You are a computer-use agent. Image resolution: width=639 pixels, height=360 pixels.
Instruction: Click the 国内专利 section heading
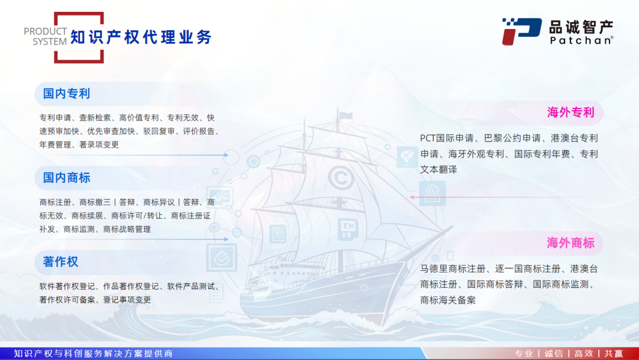(66, 94)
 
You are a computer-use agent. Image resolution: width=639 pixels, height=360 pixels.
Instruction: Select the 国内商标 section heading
(66, 178)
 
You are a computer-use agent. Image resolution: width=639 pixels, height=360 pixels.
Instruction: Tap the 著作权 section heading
(60, 262)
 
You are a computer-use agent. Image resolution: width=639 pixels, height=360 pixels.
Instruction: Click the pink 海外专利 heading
(570, 112)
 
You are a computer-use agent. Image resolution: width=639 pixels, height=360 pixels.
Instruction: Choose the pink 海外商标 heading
(570, 243)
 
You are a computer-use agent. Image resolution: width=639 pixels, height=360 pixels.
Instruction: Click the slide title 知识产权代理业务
(141, 37)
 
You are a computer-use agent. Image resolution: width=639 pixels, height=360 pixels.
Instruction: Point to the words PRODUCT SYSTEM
(45, 36)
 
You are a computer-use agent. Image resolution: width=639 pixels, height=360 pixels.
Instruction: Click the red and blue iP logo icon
(522, 31)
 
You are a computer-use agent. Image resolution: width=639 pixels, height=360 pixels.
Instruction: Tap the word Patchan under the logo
(581, 40)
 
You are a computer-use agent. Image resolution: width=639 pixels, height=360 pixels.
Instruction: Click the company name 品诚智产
(581, 27)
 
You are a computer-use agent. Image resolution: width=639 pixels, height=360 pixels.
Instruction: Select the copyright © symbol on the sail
(341, 178)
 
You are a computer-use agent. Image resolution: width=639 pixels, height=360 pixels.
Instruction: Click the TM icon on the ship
(348, 228)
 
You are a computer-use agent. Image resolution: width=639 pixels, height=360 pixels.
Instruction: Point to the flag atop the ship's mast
(346, 116)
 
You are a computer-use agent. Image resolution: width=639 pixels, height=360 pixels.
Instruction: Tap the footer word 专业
(524, 353)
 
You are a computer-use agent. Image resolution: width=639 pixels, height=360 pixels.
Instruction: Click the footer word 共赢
(614, 353)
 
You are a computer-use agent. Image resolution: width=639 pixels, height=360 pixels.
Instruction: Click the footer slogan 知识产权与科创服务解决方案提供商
(93, 353)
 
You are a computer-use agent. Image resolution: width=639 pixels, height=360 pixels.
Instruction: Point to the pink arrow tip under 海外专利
(411, 197)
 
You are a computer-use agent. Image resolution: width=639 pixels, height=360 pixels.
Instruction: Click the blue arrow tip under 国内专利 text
(227, 155)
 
